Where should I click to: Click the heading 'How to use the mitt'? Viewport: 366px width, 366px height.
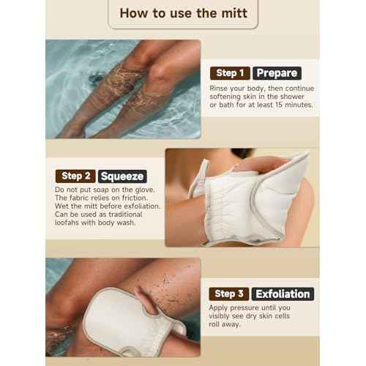[183, 13]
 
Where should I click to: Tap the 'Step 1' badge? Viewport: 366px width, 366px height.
[229, 73]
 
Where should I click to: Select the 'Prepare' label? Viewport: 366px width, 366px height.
[277, 73]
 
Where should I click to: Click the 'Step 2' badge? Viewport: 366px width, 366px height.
[75, 176]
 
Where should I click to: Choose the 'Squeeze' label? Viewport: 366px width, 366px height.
[122, 176]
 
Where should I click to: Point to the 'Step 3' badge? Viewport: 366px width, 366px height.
[229, 294]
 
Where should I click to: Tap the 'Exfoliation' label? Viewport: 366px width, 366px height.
[283, 294]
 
